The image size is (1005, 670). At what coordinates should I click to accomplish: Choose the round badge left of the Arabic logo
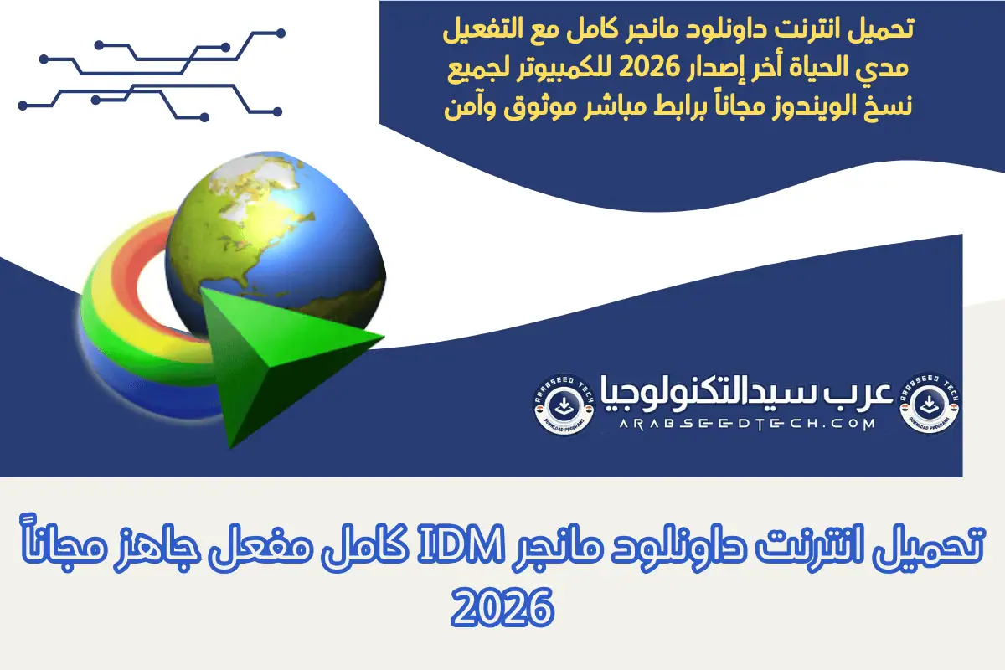click(563, 402)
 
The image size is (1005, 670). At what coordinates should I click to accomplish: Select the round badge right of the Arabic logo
click(930, 402)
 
